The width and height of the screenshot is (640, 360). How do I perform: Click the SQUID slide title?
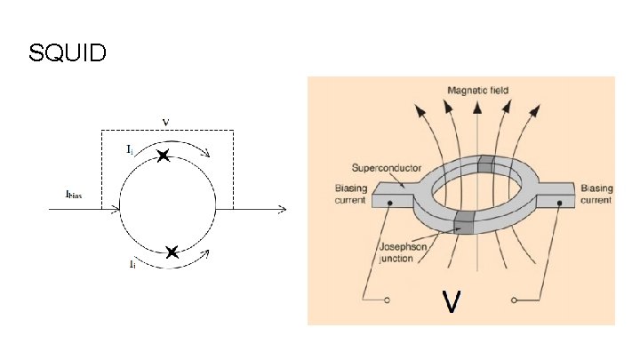tap(68, 53)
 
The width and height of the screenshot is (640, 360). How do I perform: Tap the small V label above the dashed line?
tap(166, 121)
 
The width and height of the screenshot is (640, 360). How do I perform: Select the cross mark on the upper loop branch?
tap(163, 156)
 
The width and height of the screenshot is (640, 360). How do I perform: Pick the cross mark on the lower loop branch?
tap(172, 252)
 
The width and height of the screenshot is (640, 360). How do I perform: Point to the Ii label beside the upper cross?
tap(131, 149)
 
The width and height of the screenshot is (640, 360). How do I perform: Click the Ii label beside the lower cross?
tap(132, 263)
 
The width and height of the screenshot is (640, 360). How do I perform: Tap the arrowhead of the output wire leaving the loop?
tap(283, 210)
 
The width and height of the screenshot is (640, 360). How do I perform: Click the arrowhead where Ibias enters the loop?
tap(116, 210)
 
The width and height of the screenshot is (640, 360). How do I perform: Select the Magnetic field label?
tap(478, 91)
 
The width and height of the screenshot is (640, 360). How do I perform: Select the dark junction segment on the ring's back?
tap(485, 163)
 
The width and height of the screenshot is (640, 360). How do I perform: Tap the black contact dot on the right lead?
tap(560, 204)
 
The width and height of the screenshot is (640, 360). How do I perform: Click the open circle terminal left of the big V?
tap(388, 301)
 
